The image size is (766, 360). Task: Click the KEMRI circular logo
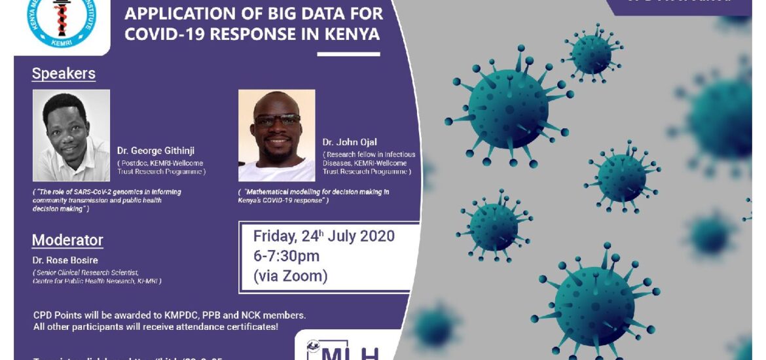click(60, 22)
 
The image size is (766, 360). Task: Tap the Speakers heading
click(64, 74)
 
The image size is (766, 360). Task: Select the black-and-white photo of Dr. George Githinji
click(71, 135)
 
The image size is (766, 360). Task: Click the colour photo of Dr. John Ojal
click(276, 135)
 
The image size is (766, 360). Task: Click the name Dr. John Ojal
click(350, 143)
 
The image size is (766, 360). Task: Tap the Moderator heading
click(67, 240)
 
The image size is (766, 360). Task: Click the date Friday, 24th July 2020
click(323, 236)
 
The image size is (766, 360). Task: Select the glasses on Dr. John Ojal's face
click(277, 120)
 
